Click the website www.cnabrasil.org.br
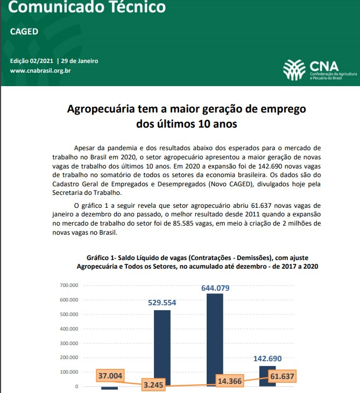click(41, 71)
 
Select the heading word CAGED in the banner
click(24, 31)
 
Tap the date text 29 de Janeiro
click(80, 61)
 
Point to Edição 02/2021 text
click(32, 61)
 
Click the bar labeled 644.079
click(215, 339)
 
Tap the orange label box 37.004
click(110, 376)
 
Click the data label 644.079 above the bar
click(215, 288)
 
